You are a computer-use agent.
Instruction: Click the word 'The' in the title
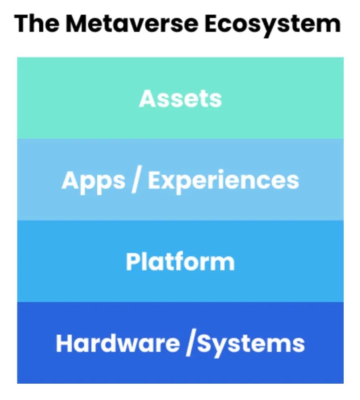(36, 24)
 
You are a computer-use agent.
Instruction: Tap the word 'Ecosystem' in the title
(273, 25)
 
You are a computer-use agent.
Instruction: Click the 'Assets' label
(180, 98)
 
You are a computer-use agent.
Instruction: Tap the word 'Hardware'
(118, 343)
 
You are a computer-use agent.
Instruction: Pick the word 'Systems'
(251, 344)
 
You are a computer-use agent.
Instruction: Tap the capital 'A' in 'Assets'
(147, 98)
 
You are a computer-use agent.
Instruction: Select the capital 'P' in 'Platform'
(133, 262)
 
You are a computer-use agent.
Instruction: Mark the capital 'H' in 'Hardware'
(64, 343)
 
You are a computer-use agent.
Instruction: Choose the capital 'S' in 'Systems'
(204, 343)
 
